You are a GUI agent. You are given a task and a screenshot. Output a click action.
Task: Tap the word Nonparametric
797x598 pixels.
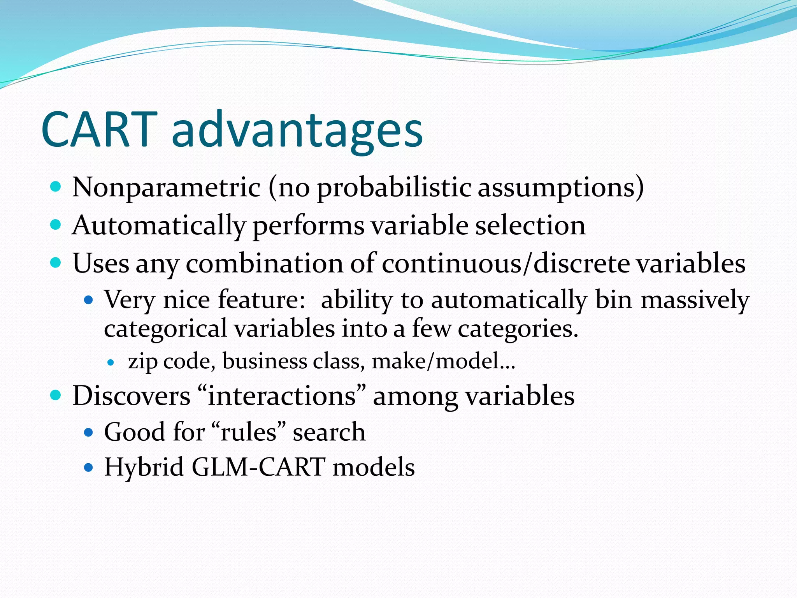tap(166, 188)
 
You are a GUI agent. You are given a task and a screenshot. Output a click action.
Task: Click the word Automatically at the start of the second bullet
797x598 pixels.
tap(159, 226)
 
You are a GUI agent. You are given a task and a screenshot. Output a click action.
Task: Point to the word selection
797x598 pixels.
tap(530, 226)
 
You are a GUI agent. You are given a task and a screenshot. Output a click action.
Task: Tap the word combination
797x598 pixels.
tap(265, 264)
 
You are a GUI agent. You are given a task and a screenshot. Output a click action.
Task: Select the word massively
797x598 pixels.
tap(695, 300)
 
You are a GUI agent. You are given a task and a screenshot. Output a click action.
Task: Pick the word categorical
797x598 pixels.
tap(165, 329)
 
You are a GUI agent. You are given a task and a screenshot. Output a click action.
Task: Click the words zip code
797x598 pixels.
tap(172, 361)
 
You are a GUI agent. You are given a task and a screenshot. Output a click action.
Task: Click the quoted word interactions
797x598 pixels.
tap(282, 396)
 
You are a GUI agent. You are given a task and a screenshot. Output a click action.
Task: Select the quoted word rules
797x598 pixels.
tap(249, 432)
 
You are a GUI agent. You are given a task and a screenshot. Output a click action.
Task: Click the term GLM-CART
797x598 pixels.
tap(259, 467)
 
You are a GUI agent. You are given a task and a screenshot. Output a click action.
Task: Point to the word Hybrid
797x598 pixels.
tap(144, 467)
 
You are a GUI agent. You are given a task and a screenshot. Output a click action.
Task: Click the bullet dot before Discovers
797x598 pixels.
tap(56, 396)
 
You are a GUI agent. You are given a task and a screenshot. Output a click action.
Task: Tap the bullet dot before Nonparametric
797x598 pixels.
tap(56, 187)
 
